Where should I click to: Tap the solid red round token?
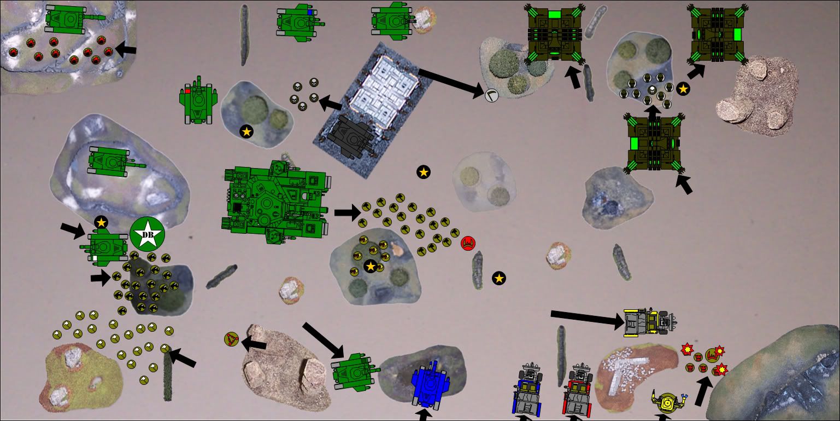click(468, 243)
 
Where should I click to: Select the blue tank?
click(430, 384)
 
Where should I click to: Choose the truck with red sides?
click(579, 390)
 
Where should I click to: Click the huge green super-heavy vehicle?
click(277, 202)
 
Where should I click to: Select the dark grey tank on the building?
click(351, 137)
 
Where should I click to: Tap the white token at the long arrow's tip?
click(491, 95)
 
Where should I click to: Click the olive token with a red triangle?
click(232, 339)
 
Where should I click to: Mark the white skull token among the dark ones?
click(653, 90)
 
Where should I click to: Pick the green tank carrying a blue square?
click(300, 22)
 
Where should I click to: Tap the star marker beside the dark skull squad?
click(683, 89)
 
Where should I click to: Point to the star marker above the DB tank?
click(101, 223)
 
